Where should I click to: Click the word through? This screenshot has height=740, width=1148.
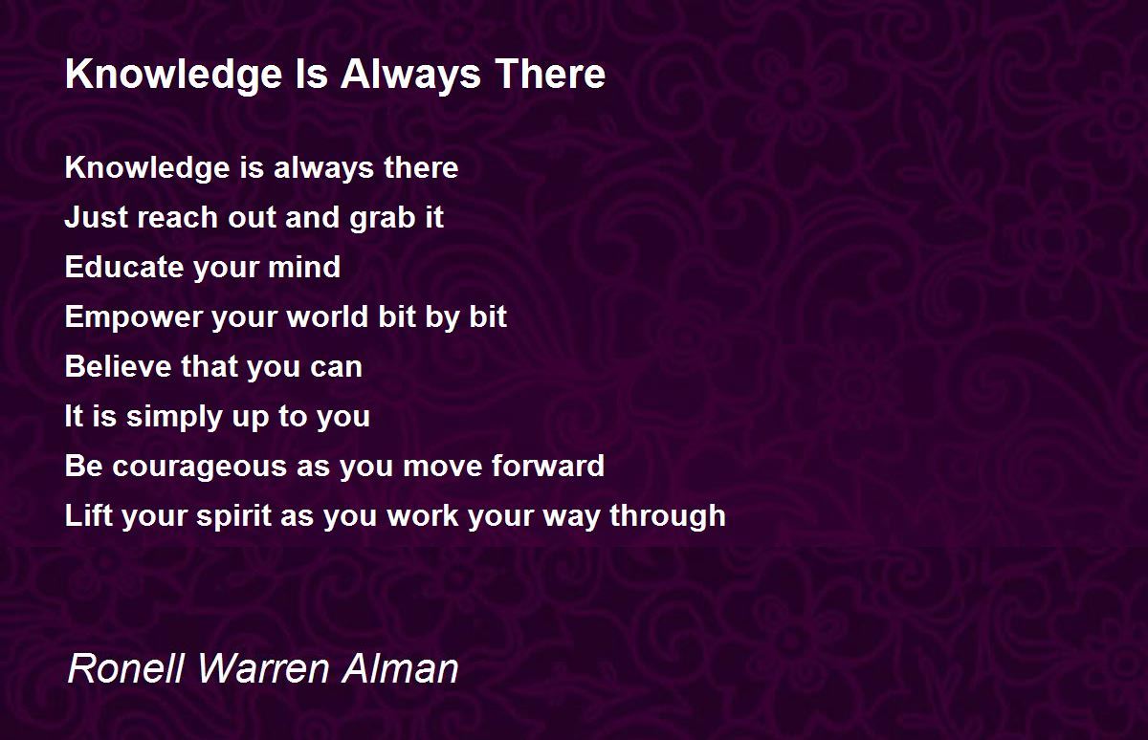click(x=668, y=516)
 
